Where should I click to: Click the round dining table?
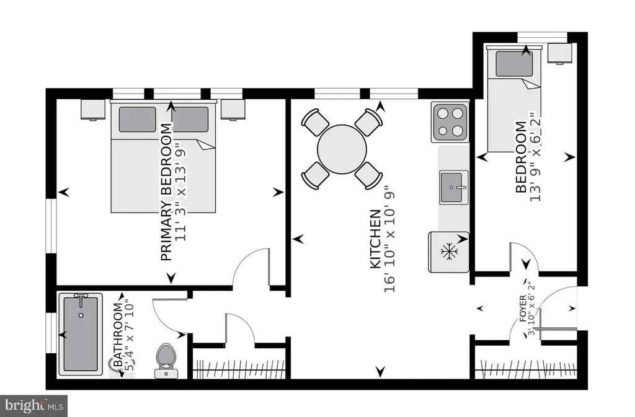[x=342, y=149]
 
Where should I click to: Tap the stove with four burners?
[x=450, y=121]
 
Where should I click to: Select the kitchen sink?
[x=454, y=187]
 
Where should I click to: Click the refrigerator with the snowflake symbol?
[x=449, y=252]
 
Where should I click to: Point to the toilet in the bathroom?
[x=165, y=361]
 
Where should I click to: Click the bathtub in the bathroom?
[x=81, y=334]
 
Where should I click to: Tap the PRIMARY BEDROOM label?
[x=166, y=191]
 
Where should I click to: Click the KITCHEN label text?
[x=376, y=239]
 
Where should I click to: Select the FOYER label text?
[x=523, y=308]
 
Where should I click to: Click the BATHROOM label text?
[x=118, y=335]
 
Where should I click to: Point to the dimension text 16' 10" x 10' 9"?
[x=389, y=239]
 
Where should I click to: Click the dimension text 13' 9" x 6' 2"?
[x=535, y=157]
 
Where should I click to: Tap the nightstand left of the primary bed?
[x=93, y=110]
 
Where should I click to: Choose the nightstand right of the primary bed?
[x=233, y=110]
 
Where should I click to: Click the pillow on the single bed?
[x=514, y=64]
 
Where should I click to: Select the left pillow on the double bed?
[x=137, y=120]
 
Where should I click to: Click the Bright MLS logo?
[x=34, y=406]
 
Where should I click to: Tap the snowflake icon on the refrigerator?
[x=449, y=252]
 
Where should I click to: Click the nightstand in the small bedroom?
[x=560, y=53]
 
